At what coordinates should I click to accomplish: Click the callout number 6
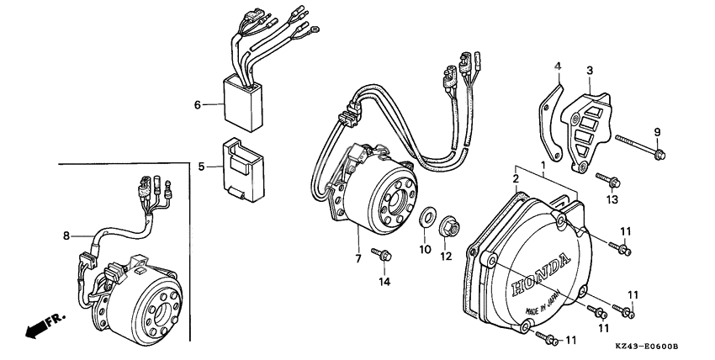198,105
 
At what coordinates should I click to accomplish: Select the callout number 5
201,167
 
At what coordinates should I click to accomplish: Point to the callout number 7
357,258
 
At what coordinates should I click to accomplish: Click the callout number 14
384,281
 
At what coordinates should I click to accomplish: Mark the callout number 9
658,131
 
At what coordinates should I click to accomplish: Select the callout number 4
556,66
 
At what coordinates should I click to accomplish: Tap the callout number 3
590,71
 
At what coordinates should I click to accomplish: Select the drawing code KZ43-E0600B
645,347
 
